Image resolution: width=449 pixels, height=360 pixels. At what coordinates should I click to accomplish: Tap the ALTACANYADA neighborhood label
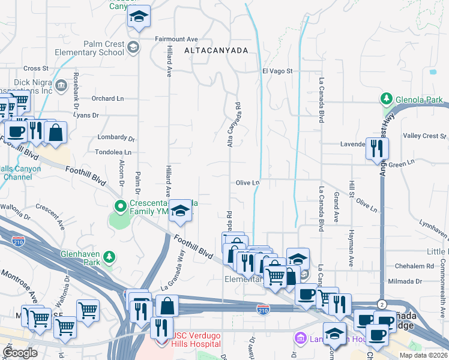coord(215,51)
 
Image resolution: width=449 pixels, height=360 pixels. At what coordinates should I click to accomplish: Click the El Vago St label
coord(277,71)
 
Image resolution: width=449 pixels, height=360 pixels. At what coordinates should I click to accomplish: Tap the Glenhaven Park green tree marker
coord(109,257)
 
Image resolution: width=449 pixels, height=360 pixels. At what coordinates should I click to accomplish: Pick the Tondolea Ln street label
coord(113,153)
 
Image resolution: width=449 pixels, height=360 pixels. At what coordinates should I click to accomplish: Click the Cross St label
coord(36,68)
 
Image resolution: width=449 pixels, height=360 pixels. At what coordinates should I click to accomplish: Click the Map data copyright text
coord(423,355)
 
